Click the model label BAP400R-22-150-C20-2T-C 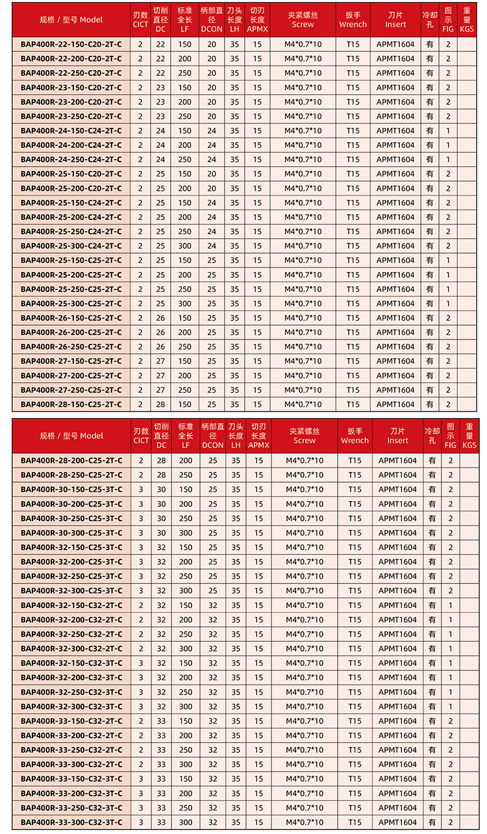coord(71,44)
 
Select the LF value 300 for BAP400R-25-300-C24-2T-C coord(185,246)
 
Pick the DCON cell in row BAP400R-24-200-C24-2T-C coord(212,145)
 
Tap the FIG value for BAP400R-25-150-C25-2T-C coord(448,260)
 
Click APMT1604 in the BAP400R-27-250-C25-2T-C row coord(395,390)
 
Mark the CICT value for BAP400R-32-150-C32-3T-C coord(141,663)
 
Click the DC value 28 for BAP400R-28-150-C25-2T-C coord(160,404)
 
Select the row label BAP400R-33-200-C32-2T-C coord(71,735)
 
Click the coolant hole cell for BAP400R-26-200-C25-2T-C coord(430,332)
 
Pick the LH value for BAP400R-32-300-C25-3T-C coord(236,591)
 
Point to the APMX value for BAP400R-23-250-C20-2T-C coord(258,116)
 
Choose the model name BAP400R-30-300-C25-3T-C coord(71,533)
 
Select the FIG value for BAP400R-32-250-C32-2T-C coord(450,634)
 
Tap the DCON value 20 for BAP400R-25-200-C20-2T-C coord(212,188)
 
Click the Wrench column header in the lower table coord(355,435)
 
